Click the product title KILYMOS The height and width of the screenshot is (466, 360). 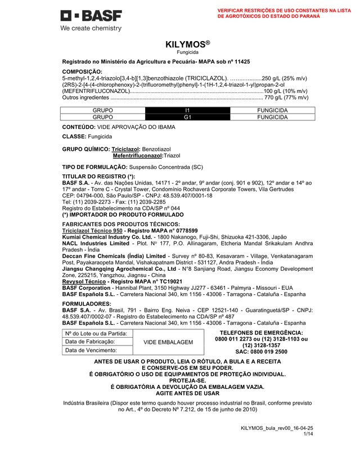pyautogui.click(x=187, y=44)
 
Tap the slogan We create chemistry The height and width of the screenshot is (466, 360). pyautogui.click(x=91, y=28)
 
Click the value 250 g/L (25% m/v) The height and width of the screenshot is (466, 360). pyautogui.click(x=285, y=78)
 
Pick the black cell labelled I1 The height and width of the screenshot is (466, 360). pyautogui.click(x=188, y=110)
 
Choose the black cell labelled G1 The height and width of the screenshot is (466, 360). pyautogui.click(x=188, y=117)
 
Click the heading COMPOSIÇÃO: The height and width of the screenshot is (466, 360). pyautogui.click(x=82, y=71)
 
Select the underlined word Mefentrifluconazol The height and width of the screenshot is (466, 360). pyautogui.click(x=138, y=155)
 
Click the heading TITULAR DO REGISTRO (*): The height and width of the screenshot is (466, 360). pyautogui.click(x=98, y=177)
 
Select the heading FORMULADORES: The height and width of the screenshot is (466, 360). pyautogui.click(x=87, y=303)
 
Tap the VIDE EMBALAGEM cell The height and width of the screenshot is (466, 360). pyautogui.click(x=168, y=342)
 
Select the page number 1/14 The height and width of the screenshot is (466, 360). pyautogui.click(x=308, y=434)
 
